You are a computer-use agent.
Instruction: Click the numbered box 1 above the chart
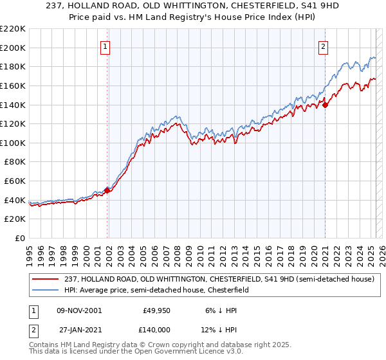pyautogui.click(x=104, y=46)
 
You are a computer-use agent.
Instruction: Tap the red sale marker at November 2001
pyautogui.click(x=107, y=190)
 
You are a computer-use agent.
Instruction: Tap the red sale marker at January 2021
pyautogui.click(x=325, y=105)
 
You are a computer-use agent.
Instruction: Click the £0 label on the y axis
pyautogui.click(x=19, y=238)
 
